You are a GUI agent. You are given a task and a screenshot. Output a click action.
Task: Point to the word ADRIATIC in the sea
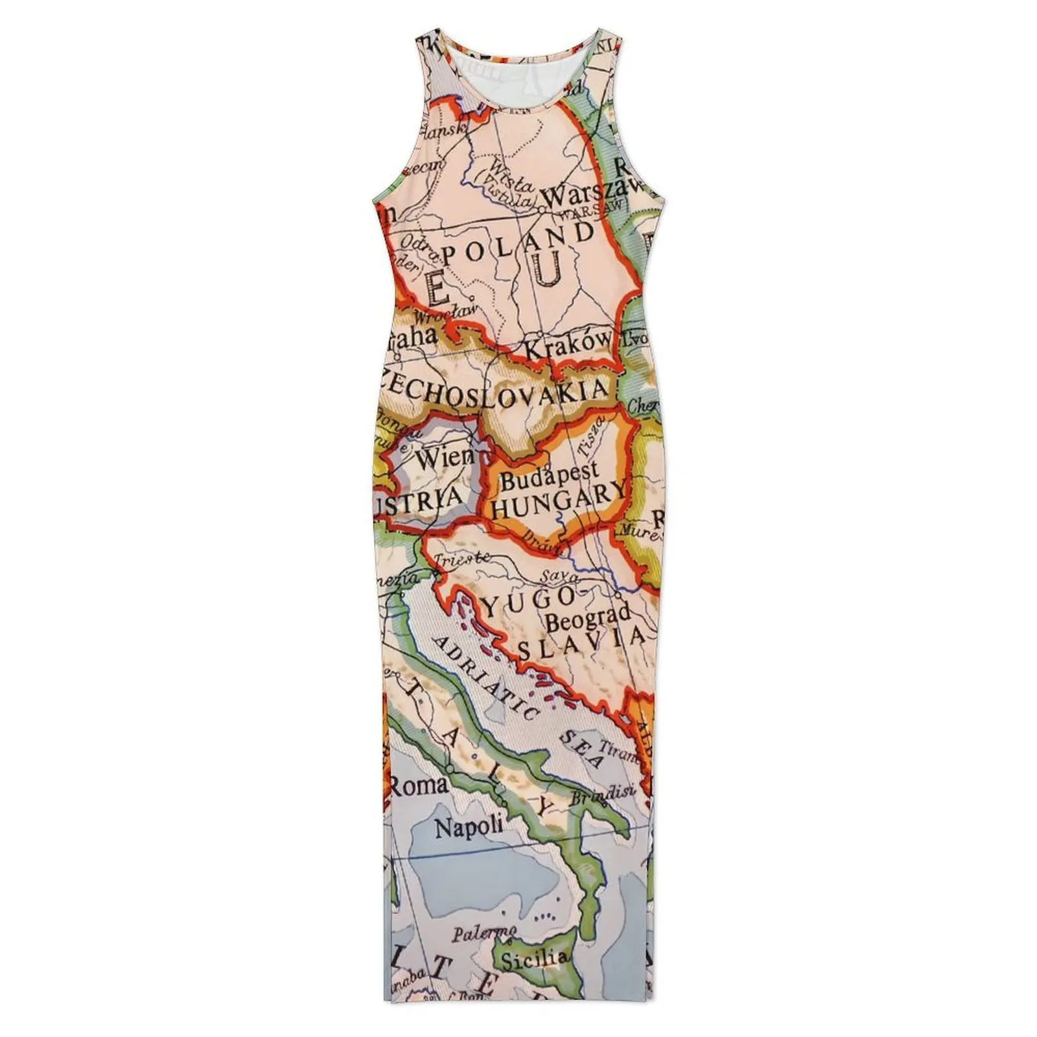(x=487, y=677)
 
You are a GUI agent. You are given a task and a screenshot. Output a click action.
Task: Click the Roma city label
(x=419, y=786)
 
